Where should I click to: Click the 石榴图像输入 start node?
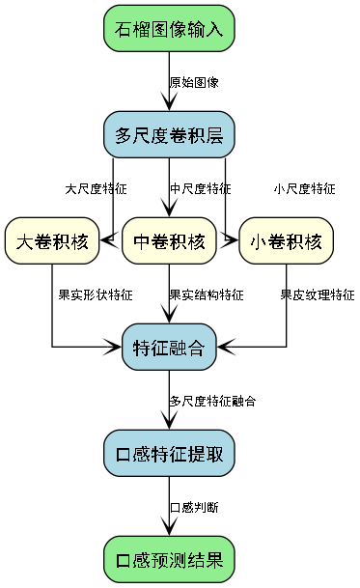pyautogui.click(x=169, y=29)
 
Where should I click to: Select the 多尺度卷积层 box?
pyautogui.click(x=169, y=135)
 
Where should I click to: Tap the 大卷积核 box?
pyautogui.click(x=52, y=240)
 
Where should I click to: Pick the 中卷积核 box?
pyautogui.click(x=169, y=240)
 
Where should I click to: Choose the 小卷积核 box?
pyautogui.click(x=286, y=240)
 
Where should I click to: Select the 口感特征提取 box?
pyautogui.click(x=169, y=453)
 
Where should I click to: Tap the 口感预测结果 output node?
pyautogui.click(x=169, y=559)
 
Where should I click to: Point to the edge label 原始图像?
pyautogui.click(x=194, y=82)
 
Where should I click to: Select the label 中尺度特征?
pyautogui.click(x=200, y=188)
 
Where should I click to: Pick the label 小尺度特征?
pyautogui.click(x=304, y=188)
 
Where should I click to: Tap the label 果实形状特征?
pyautogui.click(x=96, y=294)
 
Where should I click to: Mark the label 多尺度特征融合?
pyautogui.click(x=212, y=400)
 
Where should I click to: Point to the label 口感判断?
pyautogui.click(x=194, y=506)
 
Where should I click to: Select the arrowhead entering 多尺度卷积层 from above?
pyautogui.click(x=169, y=105)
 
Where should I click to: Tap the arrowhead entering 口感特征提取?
pyautogui.click(x=169, y=423)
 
